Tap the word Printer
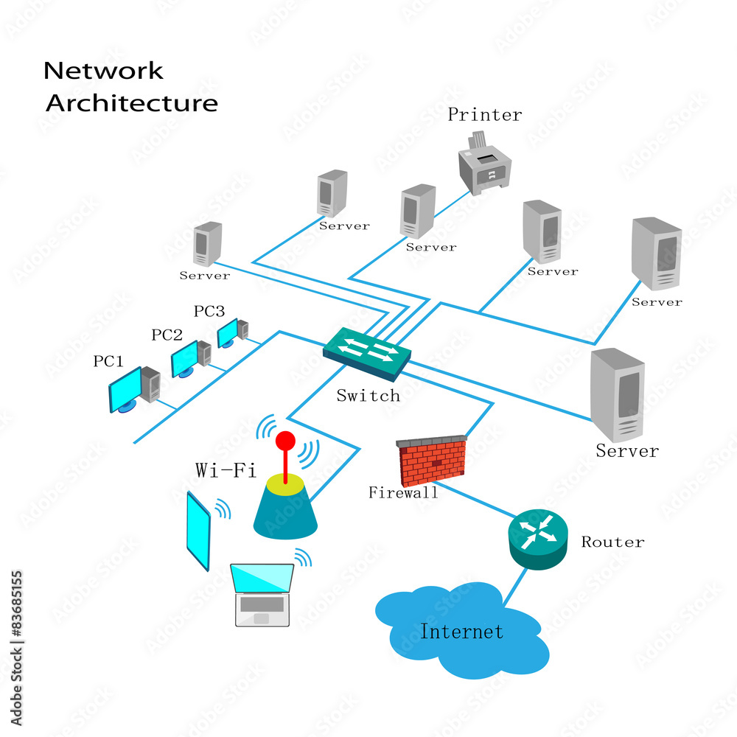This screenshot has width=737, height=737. [x=484, y=115]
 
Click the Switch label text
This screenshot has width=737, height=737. [x=368, y=396]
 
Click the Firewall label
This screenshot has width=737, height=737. [x=403, y=493]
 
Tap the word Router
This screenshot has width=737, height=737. [x=612, y=542]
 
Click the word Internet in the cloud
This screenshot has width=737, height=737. [x=462, y=632]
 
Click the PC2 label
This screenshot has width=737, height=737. [x=167, y=335]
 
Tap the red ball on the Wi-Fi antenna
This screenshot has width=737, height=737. [x=285, y=441]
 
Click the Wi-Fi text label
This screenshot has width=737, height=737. [x=226, y=469]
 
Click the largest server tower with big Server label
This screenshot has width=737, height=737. [x=618, y=394]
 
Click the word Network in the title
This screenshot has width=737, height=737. [x=103, y=71]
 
